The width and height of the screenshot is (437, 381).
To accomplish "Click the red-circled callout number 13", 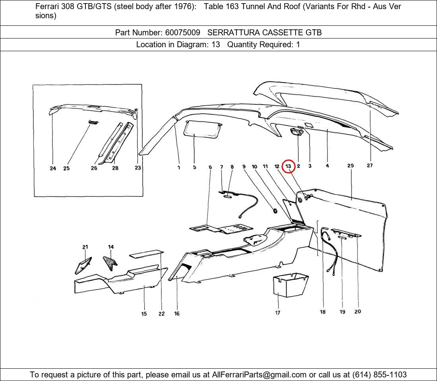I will point(288,166).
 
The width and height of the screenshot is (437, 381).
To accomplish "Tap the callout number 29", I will point(350,165).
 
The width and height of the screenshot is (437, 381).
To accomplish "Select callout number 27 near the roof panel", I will point(370,165).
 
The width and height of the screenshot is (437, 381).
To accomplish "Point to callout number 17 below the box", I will point(278,313).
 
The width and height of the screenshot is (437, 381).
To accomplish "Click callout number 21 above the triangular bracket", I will point(85,247).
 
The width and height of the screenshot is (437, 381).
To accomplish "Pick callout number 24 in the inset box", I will point(53,168).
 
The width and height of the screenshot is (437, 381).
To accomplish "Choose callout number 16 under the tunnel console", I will point(177,314).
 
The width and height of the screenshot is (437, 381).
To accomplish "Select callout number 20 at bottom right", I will point(358,312).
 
